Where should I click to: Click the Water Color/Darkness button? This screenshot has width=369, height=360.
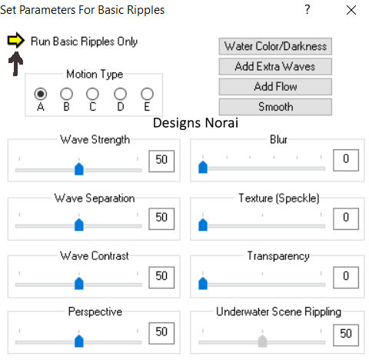(x=275, y=46)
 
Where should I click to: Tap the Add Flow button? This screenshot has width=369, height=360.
(x=275, y=87)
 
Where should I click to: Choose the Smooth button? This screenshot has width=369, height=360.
(x=275, y=107)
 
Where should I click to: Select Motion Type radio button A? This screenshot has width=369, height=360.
(x=41, y=94)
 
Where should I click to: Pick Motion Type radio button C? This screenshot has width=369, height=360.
(x=92, y=94)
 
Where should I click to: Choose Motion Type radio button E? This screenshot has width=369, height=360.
(x=147, y=94)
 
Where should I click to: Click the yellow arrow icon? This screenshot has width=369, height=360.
(x=16, y=40)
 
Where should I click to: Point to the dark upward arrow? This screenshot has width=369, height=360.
(x=16, y=64)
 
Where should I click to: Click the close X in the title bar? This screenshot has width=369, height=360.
(x=351, y=10)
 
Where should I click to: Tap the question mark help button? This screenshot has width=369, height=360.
(x=307, y=9)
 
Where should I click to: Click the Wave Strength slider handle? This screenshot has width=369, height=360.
(x=79, y=168)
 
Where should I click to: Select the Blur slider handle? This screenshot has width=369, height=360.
(x=203, y=167)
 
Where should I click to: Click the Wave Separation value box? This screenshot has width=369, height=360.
(x=161, y=218)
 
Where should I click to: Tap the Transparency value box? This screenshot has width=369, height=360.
(x=346, y=277)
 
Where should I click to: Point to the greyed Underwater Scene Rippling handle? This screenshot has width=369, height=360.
(x=262, y=341)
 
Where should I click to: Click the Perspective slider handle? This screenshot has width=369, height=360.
(x=79, y=341)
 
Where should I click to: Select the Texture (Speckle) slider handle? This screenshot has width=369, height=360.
(x=203, y=225)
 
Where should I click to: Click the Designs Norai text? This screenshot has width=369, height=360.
(x=195, y=123)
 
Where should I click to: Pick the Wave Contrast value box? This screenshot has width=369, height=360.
(x=161, y=277)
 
